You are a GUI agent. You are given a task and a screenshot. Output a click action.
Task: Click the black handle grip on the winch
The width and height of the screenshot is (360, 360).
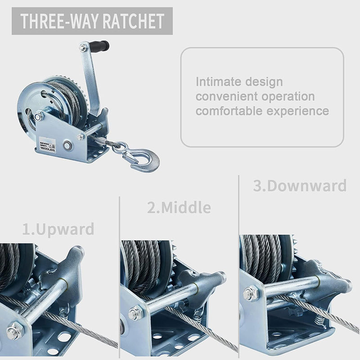99,46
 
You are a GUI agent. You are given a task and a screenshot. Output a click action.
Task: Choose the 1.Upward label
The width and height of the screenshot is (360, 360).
58,229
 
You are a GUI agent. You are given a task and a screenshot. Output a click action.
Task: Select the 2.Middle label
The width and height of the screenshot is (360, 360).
179,207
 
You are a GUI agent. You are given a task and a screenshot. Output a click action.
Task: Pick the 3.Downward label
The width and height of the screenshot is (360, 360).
299,185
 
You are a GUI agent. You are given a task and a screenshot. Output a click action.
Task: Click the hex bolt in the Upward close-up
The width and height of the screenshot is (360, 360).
14,332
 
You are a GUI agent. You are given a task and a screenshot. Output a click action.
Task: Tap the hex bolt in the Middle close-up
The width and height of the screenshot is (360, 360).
135,313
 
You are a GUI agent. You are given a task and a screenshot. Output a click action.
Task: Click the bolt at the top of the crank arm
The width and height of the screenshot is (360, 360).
83,47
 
